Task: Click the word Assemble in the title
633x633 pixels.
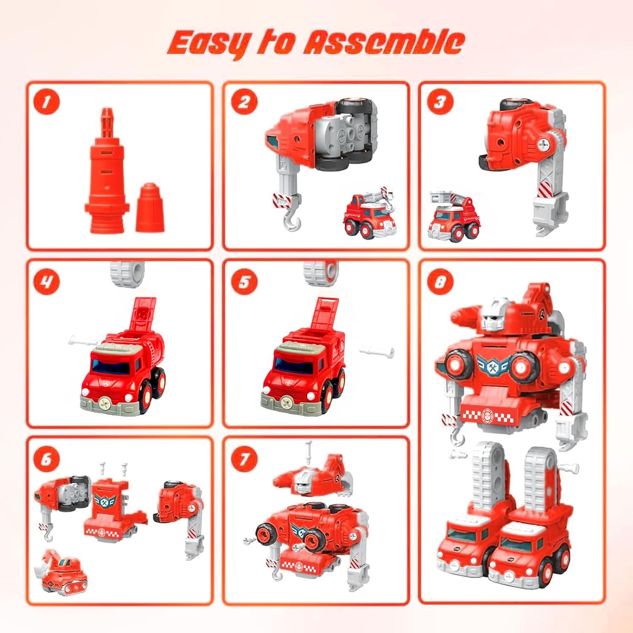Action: pyautogui.click(x=384, y=42)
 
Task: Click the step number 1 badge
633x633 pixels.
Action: pyautogui.click(x=46, y=102)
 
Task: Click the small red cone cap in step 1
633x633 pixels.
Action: pyautogui.click(x=150, y=207)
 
